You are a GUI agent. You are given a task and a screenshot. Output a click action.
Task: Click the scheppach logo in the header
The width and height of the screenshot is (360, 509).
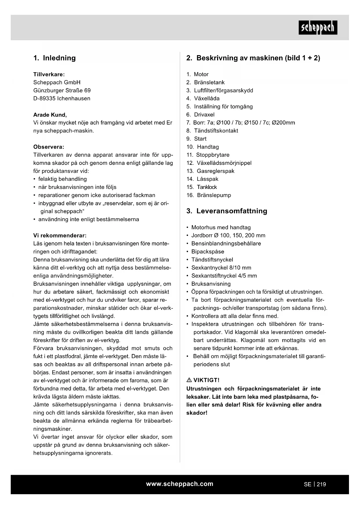coord(318,28)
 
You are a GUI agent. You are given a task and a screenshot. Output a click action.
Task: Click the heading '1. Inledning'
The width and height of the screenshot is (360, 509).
coord(55,58)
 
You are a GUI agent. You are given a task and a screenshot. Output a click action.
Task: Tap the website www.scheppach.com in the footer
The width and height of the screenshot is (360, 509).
coord(180,484)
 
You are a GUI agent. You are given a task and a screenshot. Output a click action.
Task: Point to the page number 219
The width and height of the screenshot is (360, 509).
coord(321,484)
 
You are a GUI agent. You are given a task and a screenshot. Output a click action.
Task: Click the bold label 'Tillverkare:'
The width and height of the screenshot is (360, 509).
coord(49,74)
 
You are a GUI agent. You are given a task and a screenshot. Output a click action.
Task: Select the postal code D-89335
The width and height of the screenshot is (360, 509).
coord(44,98)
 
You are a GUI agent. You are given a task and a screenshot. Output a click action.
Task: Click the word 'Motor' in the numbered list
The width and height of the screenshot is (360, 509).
coord(201,74)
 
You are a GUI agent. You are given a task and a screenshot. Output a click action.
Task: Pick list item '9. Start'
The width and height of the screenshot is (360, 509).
coord(197,139)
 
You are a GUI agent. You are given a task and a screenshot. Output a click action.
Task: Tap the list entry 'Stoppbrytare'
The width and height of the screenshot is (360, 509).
coord(213,155)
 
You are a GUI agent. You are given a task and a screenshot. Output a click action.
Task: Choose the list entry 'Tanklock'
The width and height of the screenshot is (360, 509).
coord(207,187)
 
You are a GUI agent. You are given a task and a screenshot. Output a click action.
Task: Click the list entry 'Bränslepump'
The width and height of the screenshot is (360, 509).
coord(214,195)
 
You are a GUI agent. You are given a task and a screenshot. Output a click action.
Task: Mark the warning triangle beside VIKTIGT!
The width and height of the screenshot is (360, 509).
coord(189,380)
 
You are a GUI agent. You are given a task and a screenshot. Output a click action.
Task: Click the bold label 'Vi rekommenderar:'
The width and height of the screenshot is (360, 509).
coord(60,235)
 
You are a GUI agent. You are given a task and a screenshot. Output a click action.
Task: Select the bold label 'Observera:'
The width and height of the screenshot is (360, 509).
coord(49,147)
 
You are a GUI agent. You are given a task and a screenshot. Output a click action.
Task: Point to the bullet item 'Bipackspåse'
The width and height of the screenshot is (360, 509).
coord(207,252)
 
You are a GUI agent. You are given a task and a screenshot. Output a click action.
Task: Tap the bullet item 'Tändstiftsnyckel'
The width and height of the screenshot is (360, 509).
coord(212,260)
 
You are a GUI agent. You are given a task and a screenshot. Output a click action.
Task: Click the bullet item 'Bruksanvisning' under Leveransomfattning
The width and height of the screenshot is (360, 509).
coord(211,284)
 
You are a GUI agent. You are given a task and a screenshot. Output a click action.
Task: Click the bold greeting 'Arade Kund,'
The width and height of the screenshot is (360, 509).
coord(50,115)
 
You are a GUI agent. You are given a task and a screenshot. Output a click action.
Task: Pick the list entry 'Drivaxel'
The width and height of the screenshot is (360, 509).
coord(204,115)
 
